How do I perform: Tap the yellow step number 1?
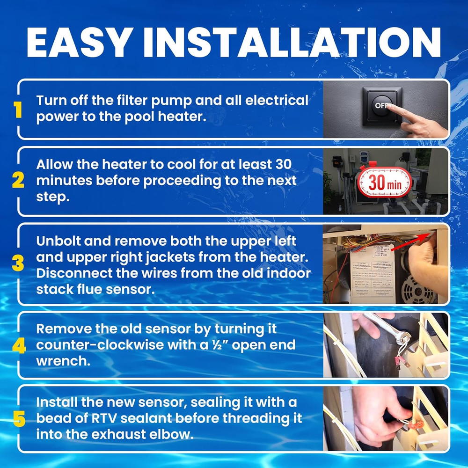18,110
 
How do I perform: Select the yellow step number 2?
18,180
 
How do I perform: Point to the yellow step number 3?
18,263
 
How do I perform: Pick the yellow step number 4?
19,346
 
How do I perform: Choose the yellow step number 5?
19,419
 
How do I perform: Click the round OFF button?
381,105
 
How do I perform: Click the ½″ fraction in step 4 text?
219,345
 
